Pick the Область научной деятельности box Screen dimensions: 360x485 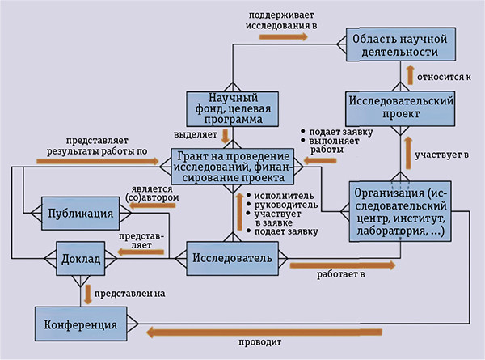405,44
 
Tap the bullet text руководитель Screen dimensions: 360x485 283,205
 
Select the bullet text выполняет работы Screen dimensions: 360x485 324,145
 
